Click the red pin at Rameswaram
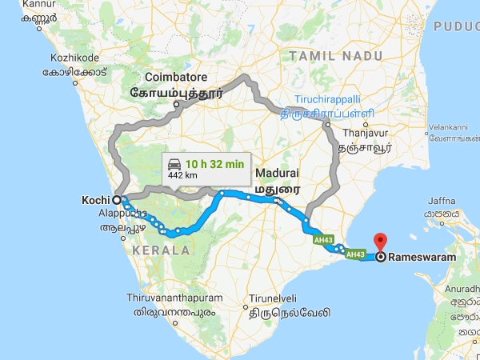(381, 241)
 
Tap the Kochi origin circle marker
(117, 200)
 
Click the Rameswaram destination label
(424, 258)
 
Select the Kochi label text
(97, 199)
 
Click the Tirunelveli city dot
(243, 306)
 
